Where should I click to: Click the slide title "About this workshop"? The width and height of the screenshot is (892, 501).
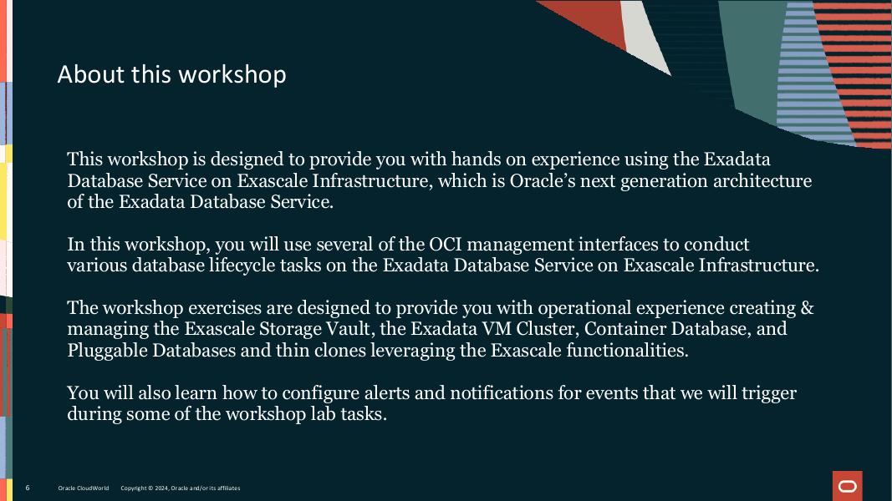(x=171, y=74)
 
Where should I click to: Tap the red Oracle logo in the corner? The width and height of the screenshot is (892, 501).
(x=847, y=486)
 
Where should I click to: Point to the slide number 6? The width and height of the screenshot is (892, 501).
(x=28, y=488)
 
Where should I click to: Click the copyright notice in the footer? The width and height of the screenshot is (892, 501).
(x=180, y=488)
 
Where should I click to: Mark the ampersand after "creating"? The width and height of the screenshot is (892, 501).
(x=807, y=308)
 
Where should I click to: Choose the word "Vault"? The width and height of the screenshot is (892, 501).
(x=345, y=329)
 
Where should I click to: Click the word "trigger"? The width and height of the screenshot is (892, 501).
(x=767, y=393)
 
